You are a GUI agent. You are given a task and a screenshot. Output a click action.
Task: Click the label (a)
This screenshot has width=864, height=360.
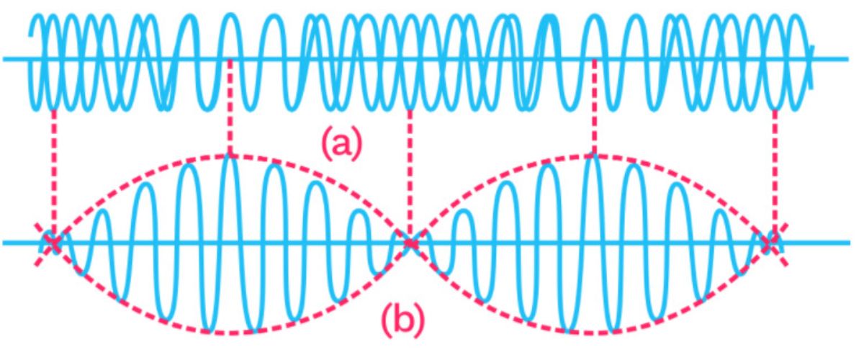coord(342,144)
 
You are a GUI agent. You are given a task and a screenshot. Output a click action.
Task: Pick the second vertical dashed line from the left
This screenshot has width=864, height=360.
coord(230,107)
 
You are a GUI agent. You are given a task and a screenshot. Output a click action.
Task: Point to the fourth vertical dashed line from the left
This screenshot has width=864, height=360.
coord(595,107)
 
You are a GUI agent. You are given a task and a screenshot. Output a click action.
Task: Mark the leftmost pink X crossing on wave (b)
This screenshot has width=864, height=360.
coord(53,243)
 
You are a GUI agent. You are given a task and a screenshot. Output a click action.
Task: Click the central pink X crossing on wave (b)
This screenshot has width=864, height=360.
coord(410,243)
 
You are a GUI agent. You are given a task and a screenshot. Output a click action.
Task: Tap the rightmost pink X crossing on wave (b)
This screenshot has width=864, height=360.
coord(768,243)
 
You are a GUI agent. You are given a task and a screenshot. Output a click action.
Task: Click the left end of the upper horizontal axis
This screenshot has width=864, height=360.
coord(3,59)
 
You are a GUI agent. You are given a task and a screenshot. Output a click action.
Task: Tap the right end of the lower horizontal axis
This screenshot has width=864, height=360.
coord(850,243)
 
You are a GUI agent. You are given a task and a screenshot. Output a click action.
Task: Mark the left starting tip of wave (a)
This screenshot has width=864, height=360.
coord(30,37)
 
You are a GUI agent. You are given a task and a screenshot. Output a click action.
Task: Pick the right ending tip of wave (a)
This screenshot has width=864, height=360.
coord(813,88)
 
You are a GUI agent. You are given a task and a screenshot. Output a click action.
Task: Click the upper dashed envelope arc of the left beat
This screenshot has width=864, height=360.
coord(230,156)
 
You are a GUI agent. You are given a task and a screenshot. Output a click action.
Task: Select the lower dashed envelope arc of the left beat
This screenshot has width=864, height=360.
coord(231,333)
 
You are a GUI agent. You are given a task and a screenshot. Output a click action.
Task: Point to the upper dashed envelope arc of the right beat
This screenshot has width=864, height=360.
coord(590,156)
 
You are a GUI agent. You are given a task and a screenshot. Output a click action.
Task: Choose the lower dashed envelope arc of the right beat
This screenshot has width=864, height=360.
coord(590,333)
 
